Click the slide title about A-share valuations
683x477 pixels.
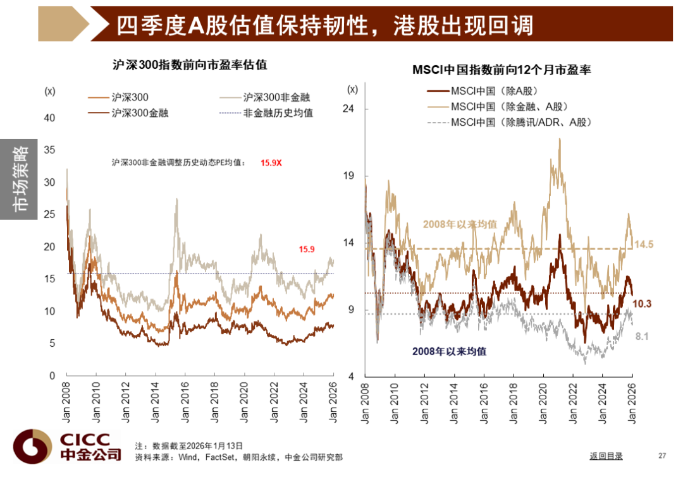point(324,25)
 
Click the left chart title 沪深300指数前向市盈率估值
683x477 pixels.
point(190,64)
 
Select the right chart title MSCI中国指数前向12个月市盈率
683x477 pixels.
point(501,70)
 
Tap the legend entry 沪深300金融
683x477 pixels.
point(140,113)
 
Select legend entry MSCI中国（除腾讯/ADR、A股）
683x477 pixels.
point(521,122)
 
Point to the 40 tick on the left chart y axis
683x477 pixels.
point(50,118)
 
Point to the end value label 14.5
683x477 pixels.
point(643,244)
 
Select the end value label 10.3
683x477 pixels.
point(642,304)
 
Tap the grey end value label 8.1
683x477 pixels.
point(642,337)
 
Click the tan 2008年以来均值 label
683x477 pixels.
point(460,224)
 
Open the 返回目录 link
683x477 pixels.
point(606,456)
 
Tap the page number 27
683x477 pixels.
point(662,456)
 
